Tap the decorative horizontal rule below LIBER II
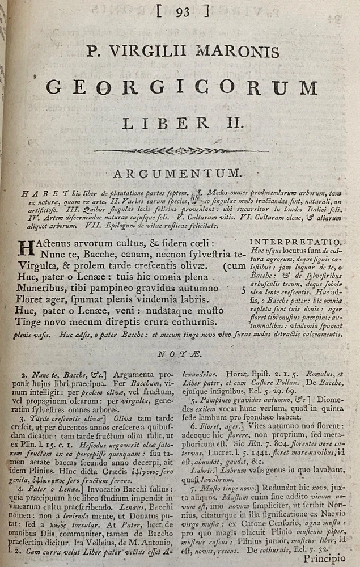pyautogui.click(x=181, y=150)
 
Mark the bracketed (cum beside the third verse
pyautogui.click(x=232, y=266)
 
